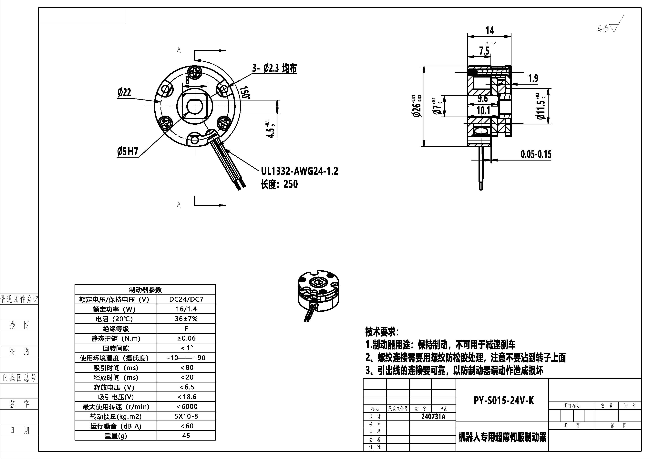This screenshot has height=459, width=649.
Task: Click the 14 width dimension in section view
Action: click(x=489, y=31)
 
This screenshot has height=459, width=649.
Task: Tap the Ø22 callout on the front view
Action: click(x=124, y=92)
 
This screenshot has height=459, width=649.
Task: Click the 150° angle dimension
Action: click(x=245, y=92)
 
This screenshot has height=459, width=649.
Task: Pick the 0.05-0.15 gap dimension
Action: click(x=536, y=154)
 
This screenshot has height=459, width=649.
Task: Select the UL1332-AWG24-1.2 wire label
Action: click(x=299, y=171)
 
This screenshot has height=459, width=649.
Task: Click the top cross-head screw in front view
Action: click(x=195, y=72)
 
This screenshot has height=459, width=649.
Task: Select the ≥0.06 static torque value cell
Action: click(x=186, y=338)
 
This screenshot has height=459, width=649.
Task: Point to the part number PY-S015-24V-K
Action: click(x=504, y=401)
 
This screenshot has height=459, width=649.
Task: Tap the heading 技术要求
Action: click(x=382, y=331)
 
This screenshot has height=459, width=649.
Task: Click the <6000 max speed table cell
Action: click(x=186, y=406)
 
